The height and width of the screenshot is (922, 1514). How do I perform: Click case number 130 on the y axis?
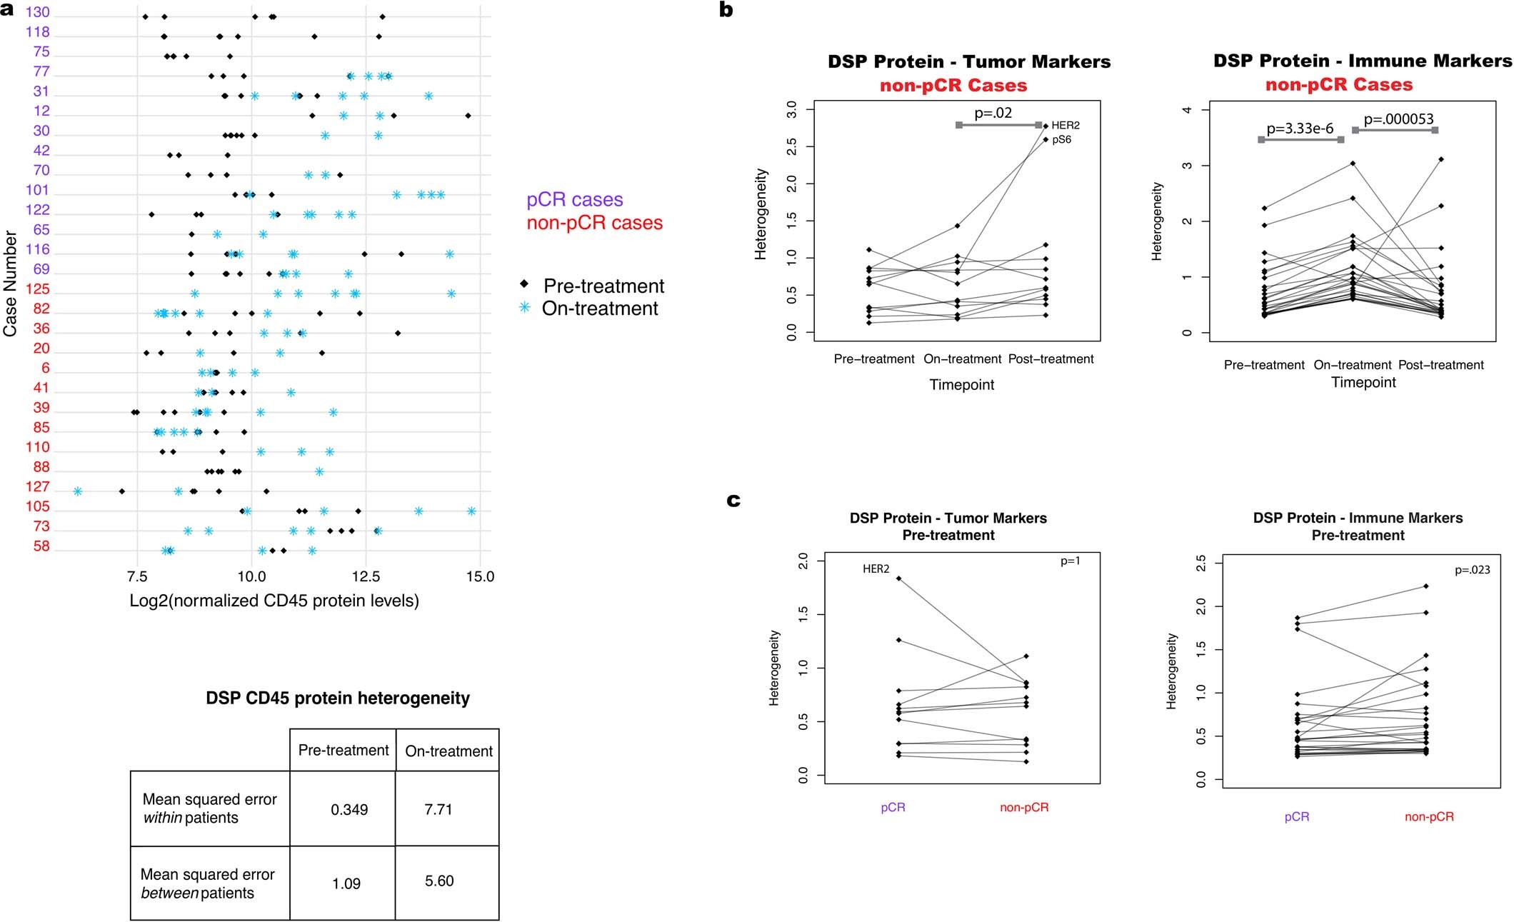pyautogui.click(x=37, y=13)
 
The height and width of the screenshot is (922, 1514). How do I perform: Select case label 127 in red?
pyautogui.click(x=37, y=487)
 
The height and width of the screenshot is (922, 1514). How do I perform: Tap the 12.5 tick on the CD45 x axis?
pyautogui.click(x=366, y=576)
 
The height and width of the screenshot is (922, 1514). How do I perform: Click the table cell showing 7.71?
pyautogui.click(x=438, y=809)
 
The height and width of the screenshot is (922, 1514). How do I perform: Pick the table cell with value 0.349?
pyautogui.click(x=349, y=810)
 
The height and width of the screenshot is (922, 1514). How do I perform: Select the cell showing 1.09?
pyautogui.click(x=346, y=883)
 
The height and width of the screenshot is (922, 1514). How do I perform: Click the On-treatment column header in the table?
pyautogui.click(x=448, y=751)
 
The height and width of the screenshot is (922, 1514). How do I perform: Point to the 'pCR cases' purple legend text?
pyautogui.click(x=574, y=200)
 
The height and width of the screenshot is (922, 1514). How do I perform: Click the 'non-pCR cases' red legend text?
pyautogui.click(x=594, y=224)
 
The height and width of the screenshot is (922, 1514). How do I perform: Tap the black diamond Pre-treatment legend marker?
pyautogui.click(x=525, y=284)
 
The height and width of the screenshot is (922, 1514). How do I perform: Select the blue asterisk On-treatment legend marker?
pyautogui.click(x=525, y=308)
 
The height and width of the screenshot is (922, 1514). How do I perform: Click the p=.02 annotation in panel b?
pyautogui.click(x=993, y=113)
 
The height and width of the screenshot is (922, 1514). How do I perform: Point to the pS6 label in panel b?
pyautogui.click(x=1061, y=140)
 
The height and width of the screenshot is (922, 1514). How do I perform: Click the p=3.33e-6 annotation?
pyautogui.click(x=1299, y=129)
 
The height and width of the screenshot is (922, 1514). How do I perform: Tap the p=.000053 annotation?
pyautogui.click(x=1398, y=119)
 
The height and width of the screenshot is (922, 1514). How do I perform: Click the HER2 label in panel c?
pyautogui.click(x=876, y=569)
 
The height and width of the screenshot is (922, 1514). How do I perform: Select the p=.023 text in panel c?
pyautogui.click(x=1472, y=570)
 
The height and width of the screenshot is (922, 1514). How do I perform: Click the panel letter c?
pyautogui.click(x=733, y=500)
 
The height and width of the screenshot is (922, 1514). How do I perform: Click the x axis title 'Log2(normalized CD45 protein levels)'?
pyautogui.click(x=274, y=601)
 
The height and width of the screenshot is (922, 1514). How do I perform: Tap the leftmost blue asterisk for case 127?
pyautogui.click(x=78, y=491)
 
